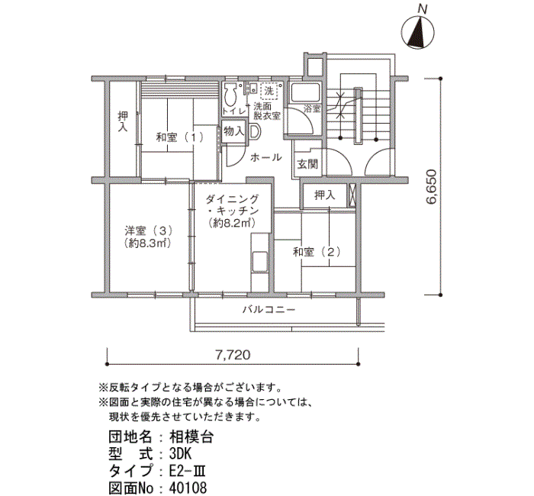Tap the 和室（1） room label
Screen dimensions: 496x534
[x=180, y=137]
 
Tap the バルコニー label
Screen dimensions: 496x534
[x=269, y=310]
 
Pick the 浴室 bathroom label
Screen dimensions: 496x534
[x=312, y=110]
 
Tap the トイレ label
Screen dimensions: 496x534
[x=233, y=112]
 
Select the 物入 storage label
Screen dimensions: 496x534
[x=233, y=131]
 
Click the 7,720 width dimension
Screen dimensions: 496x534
[x=233, y=355]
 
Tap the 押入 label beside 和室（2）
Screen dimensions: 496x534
[x=325, y=195]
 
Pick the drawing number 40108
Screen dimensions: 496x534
[x=187, y=486]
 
